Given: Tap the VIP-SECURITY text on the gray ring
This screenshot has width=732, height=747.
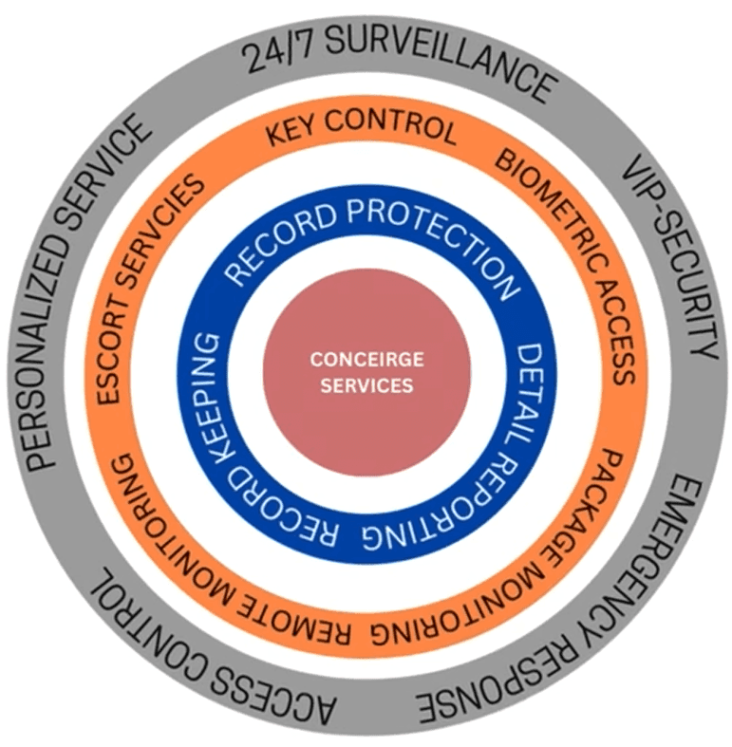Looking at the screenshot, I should (668, 257).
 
